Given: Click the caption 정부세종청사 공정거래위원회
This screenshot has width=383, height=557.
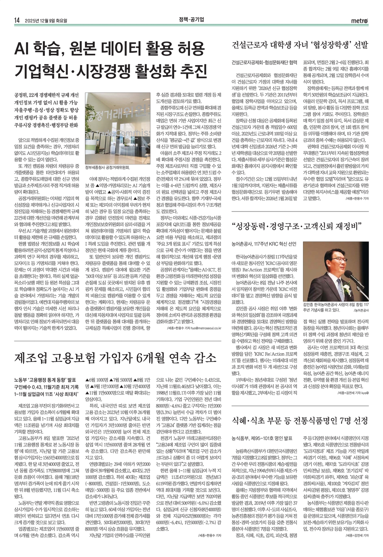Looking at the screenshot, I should click(107, 167).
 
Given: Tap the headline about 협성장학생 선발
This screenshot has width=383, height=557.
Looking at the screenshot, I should click(300, 45).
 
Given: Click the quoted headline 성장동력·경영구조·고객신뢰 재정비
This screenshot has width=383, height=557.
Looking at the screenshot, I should click(296, 226).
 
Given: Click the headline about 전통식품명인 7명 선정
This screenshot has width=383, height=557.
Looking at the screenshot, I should click(300, 421).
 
